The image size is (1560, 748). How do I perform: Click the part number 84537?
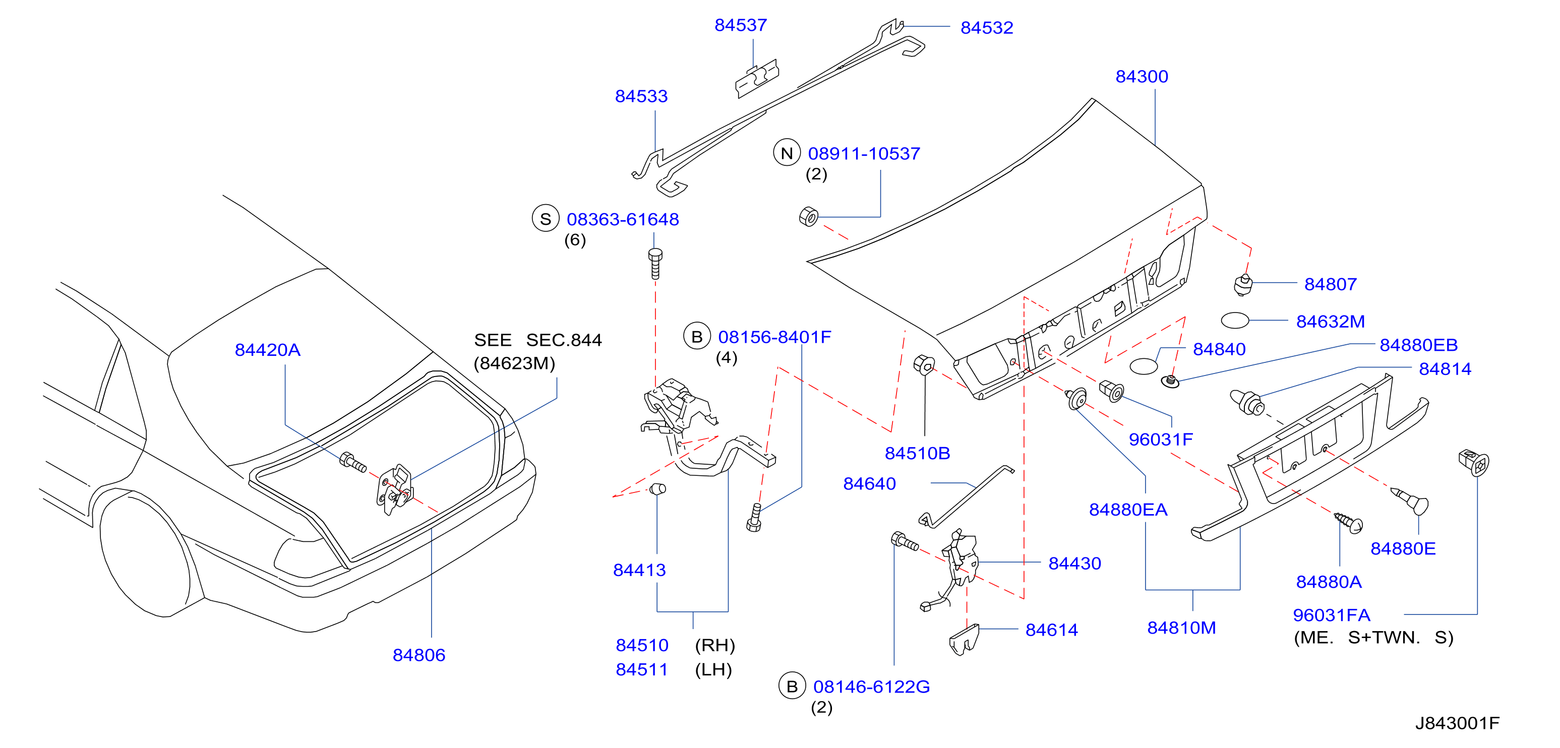click(740, 25)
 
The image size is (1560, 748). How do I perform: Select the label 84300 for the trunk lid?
click(1142, 77)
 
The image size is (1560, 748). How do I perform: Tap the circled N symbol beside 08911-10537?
click(787, 153)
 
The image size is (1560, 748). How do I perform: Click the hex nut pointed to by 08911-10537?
click(808, 216)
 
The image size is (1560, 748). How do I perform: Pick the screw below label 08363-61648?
click(654, 263)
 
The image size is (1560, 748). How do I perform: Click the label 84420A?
click(267, 350)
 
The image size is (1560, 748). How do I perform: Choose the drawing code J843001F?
click(1457, 723)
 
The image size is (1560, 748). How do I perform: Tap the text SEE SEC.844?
click(538, 340)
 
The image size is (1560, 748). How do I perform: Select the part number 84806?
click(418, 655)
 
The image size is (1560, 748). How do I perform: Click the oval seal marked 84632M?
click(1235, 320)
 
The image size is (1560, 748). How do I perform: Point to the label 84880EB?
click(1418, 345)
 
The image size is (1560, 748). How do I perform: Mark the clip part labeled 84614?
click(964, 639)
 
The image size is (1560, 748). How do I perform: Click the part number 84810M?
click(1181, 628)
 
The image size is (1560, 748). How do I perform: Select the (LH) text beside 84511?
click(713, 670)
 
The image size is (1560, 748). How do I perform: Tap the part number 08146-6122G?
click(871, 687)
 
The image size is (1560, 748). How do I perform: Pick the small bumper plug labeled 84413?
click(658, 489)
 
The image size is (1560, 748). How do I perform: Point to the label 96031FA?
click(1331, 615)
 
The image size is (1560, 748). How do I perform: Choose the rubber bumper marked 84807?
click(1243, 284)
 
